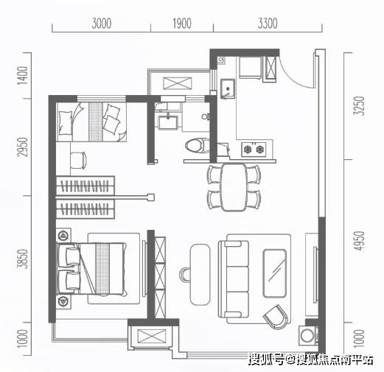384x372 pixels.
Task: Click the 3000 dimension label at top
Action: [102, 24]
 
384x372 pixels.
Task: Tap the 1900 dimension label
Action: [182, 24]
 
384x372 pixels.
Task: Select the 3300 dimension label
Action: [268, 24]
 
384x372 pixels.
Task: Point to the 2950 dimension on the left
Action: [23, 147]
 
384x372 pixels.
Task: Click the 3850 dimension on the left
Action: [23, 259]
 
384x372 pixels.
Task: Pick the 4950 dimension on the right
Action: [358, 241]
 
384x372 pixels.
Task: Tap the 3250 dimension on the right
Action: [358, 106]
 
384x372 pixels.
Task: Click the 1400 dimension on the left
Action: [23, 75]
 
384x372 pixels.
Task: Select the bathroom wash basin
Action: [168, 122]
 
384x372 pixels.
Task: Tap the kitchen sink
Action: [228, 88]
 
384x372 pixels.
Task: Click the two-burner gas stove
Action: [254, 149]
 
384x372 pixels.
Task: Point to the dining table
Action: [234, 187]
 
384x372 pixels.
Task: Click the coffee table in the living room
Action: [275, 273]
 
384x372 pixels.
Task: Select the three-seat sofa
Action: [234, 279]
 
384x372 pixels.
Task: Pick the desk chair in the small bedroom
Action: [79, 160]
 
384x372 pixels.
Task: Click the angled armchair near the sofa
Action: [276, 317]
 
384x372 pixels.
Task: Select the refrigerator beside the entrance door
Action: [250, 68]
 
